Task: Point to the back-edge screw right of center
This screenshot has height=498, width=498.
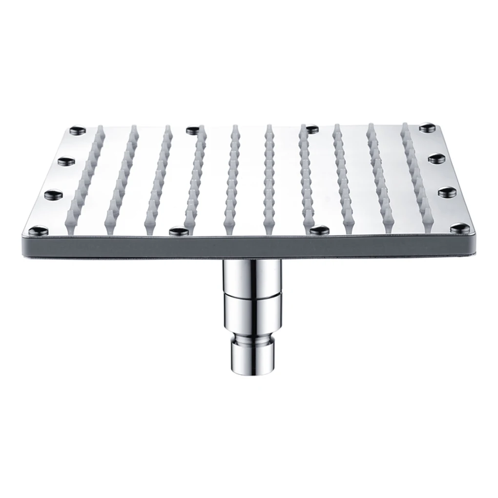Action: pos(309,129)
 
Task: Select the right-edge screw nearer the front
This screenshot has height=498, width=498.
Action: pos(447,192)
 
